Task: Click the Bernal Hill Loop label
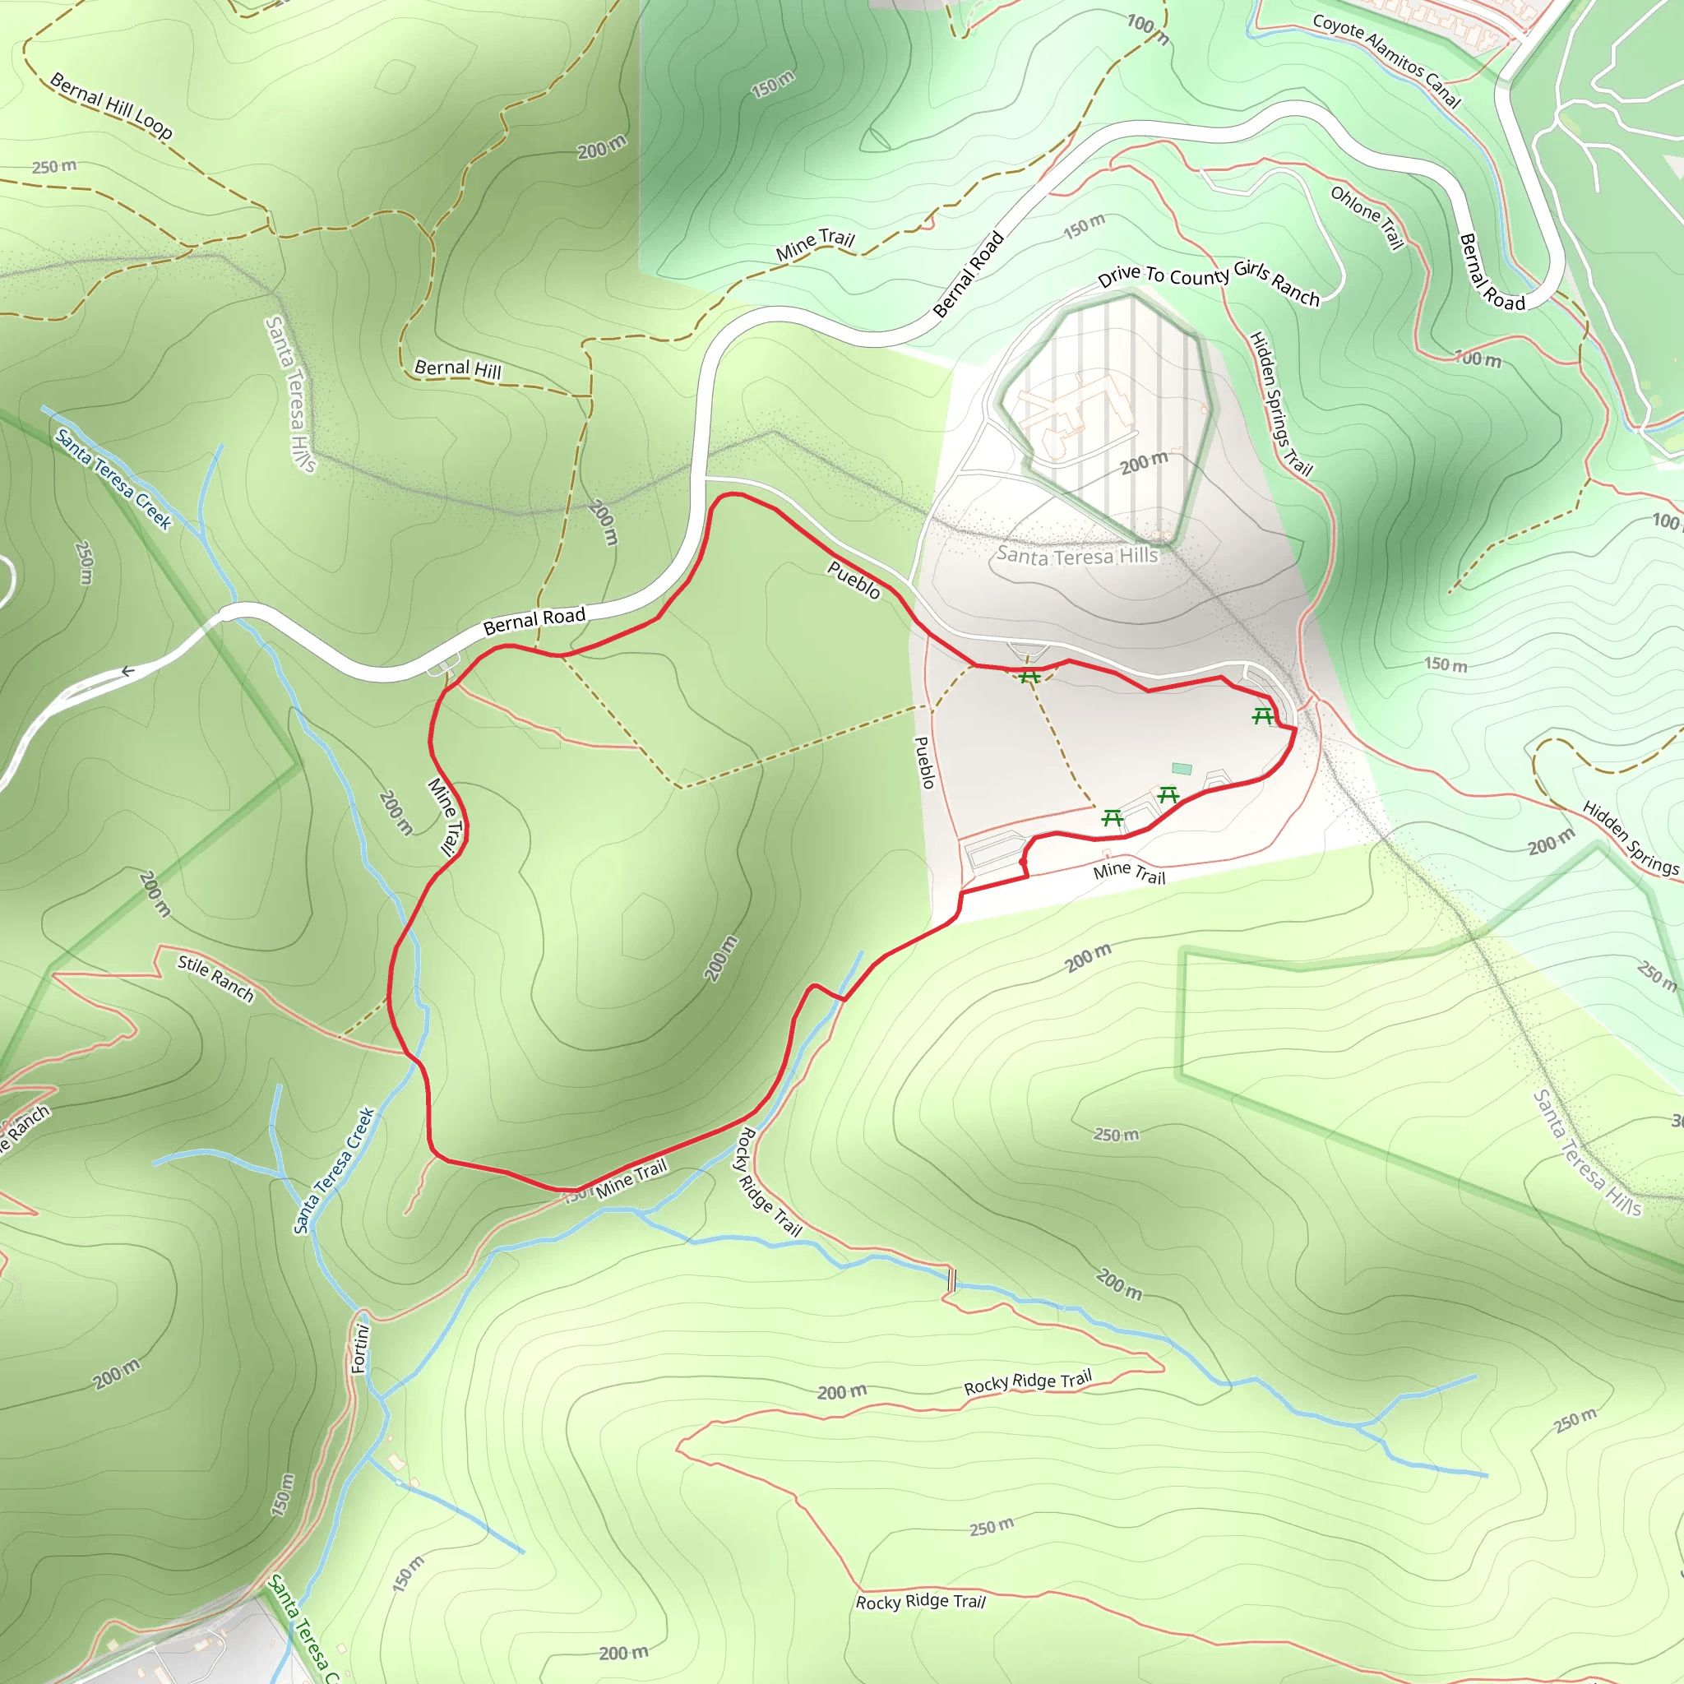(x=111, y=105)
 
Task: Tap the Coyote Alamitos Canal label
(x=1386, y=61)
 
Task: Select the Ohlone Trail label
(x=1367, y=216)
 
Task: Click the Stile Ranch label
(x=215, y=978)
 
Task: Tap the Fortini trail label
(x=360, y=1349)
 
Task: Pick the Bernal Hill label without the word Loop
(x=458, y=368)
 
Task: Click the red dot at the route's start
(x=1022, y=862)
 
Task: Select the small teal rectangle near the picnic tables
(x=1181, y=768)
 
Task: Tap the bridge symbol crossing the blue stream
(x=952, y=1279)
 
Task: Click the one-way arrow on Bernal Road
(x=127, y=671)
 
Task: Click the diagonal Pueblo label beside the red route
(x=854, y=580)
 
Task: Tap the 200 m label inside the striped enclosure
(x=1144, y=463)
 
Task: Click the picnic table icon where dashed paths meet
(x=1029, y=676)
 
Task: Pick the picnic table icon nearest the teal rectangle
(x=1168, y=794)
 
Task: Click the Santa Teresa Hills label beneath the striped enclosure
(x=1076, y=554)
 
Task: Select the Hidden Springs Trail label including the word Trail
(x=1280, y=403)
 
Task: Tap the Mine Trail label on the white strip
(x=1129, y=872)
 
